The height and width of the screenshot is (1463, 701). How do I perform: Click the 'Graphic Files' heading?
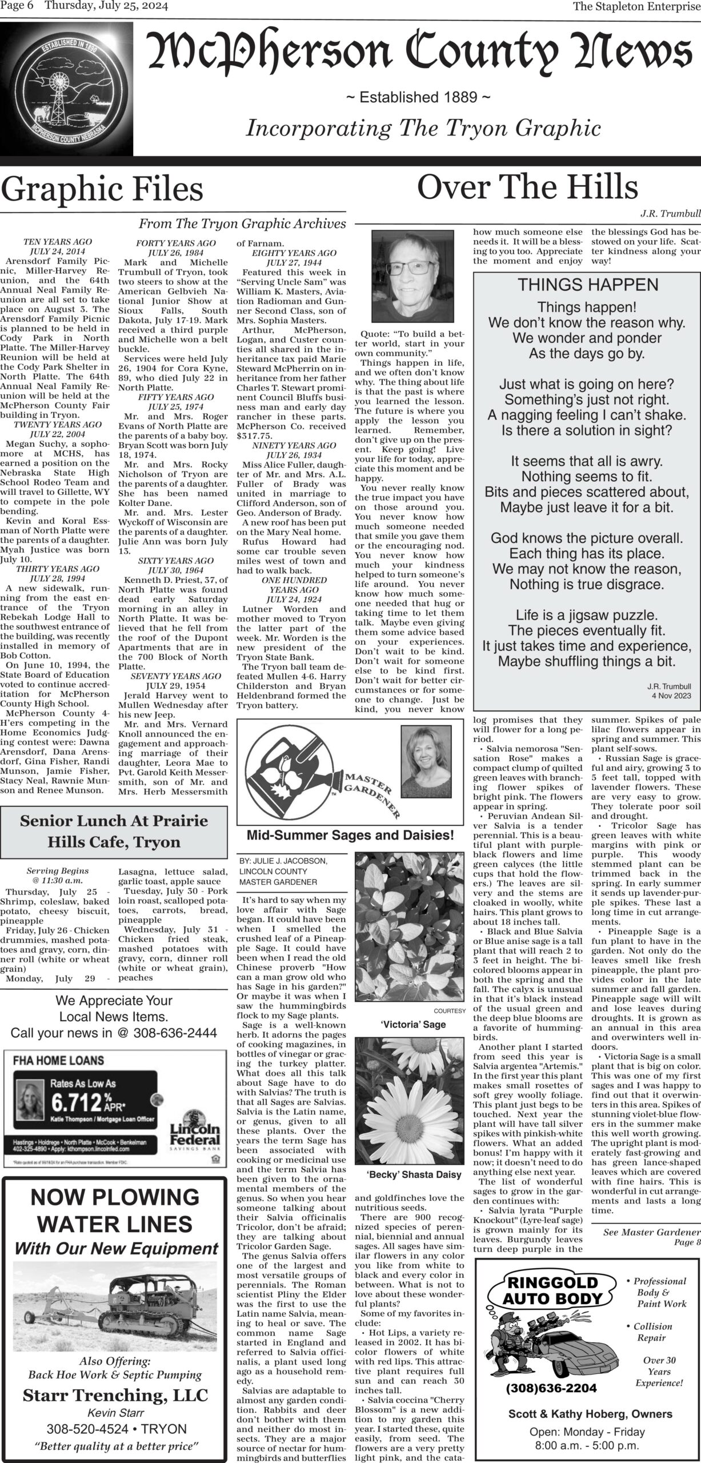click(102, 189)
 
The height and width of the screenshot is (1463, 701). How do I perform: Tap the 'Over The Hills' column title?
click(527, 187)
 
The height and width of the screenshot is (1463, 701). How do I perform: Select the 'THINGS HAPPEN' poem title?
click(587, 285)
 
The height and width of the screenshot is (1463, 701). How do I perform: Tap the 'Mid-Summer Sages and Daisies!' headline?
click(350, 836)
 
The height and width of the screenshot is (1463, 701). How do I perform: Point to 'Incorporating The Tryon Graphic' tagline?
click(423, 128)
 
